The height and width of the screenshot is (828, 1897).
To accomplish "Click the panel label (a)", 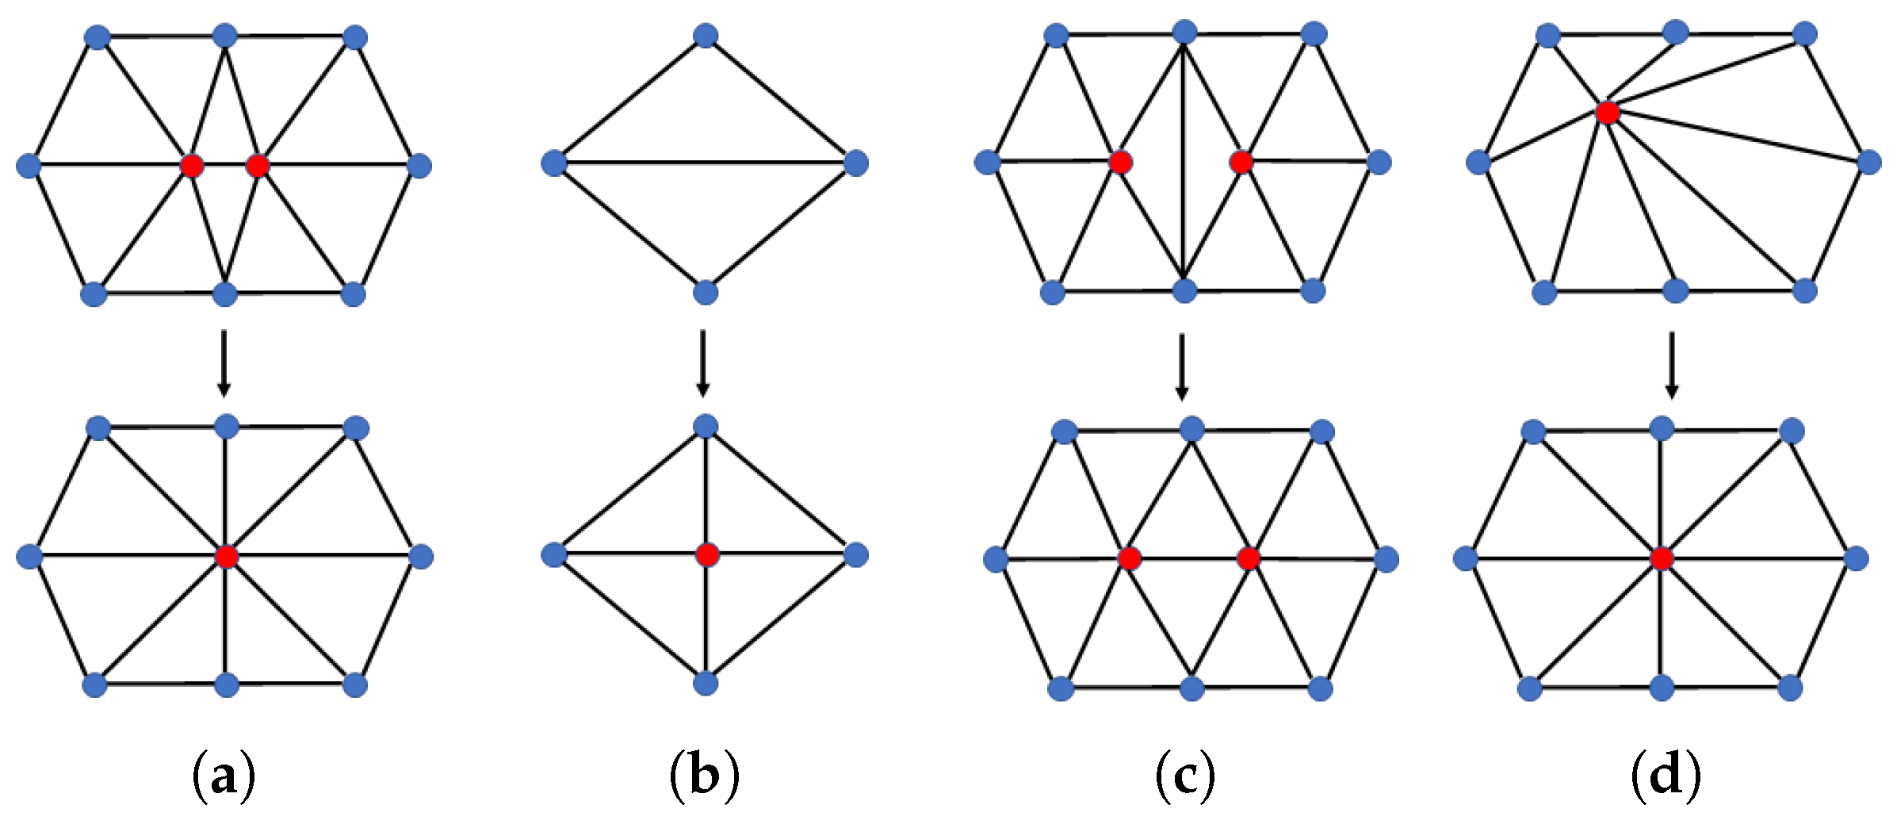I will tap(224, 776).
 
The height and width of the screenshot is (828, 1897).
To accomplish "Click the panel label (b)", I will tap(705, 776).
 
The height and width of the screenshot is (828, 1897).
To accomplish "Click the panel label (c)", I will tap(1185, 776).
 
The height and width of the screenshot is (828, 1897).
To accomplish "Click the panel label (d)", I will tap(1666, 776).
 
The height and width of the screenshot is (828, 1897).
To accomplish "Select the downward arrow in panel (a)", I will tap(224, 362).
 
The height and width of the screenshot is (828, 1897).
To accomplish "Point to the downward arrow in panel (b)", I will tap(702, 362).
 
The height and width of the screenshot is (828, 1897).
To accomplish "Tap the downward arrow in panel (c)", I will tap(1182, 366).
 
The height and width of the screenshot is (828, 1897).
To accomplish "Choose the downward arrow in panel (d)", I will tap(1672, 364).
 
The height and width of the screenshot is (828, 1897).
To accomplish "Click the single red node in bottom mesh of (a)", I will tap(227, 556).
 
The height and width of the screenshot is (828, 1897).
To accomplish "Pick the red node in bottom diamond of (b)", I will tap(707, 554).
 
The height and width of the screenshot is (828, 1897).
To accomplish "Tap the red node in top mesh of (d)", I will tap(1608, 112).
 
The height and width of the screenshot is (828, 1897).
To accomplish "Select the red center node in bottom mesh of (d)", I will tap(1662, 558).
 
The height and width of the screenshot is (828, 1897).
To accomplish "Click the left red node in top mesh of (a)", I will tap(192, 166).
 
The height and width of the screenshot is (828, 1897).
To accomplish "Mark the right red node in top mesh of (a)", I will tap(258, 166).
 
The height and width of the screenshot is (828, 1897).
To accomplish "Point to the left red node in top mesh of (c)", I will tap(1120, 163).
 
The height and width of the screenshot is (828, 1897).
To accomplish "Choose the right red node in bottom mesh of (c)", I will tap(1249, 558).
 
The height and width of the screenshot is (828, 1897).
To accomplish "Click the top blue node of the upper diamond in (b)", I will tap(706, 35).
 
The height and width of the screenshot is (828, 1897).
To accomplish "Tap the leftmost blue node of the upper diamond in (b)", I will tap(554, 163).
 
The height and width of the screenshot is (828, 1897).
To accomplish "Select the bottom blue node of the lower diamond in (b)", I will tap(706, 683).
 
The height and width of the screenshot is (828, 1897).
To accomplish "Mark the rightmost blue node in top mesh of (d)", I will tap(1869, 162).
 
